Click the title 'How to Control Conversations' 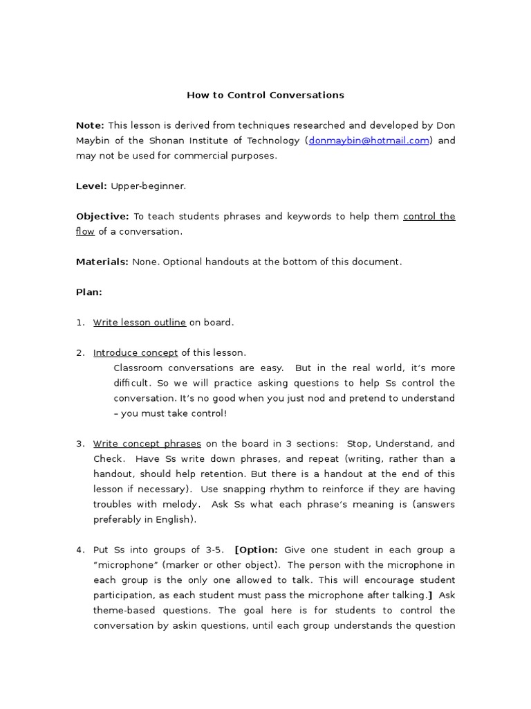265,95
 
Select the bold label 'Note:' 90,125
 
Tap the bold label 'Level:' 91,186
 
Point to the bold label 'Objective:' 102,217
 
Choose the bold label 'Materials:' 102,262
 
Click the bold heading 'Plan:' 88,292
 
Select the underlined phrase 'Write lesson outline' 139,323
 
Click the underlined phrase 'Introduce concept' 136,353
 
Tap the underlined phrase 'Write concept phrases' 147,444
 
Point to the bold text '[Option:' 256,550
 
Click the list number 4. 80,550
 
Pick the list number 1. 80,323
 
